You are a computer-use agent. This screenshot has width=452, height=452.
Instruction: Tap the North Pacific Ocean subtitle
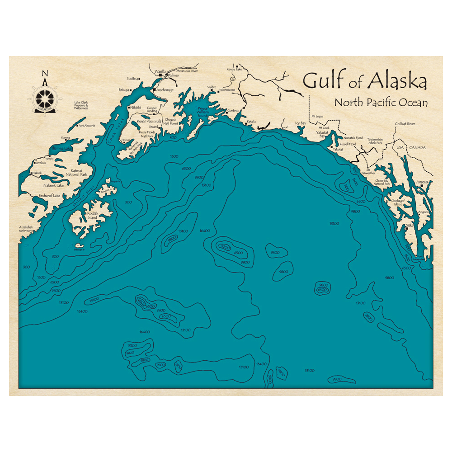[381, 103]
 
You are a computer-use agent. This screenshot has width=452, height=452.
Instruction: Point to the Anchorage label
[165, 90]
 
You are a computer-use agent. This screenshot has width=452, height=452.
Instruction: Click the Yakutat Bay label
[322, 134]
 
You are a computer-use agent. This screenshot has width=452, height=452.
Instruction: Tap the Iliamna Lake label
[62, 148]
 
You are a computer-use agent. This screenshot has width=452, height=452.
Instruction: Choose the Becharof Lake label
[50, 196]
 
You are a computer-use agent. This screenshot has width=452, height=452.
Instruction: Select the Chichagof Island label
[396, 202]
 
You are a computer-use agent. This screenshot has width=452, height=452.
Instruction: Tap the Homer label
[126, 140]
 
